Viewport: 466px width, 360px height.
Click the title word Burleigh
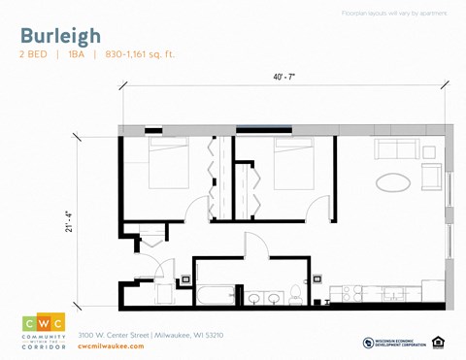(60, 36)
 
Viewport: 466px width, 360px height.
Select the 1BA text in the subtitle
(77, 55)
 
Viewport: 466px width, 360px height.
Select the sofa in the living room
(397, 150)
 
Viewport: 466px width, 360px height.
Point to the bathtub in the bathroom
(215, 295)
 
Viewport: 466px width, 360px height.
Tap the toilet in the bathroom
(298, 295)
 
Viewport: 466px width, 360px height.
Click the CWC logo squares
(44, 322)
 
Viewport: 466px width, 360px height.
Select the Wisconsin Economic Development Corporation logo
(392, 342)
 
